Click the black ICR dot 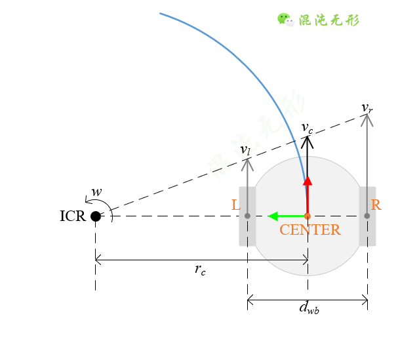point(96,216)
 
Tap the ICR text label point(72,216)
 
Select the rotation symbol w point(96,192)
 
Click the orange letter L point(236,205)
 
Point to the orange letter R point(376,205)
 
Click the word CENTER point(310,230)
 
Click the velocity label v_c point(307,127)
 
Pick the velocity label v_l point(245,151)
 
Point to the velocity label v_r point(367,107)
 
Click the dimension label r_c point(200,270)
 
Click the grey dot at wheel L point(247,216)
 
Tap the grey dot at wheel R point(367,216)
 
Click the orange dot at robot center point(308,216)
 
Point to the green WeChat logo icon point(285,19)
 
